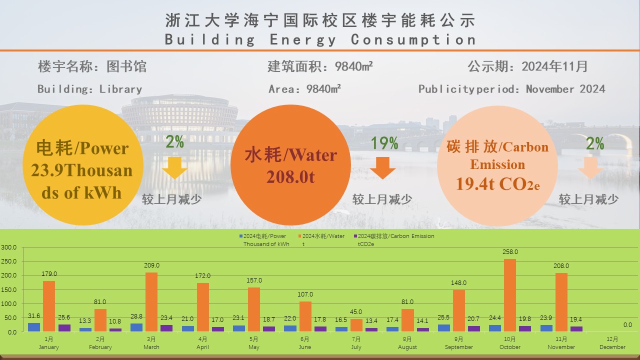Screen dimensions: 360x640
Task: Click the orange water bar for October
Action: [x=510, y=295]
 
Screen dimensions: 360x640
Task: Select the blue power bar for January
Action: [x=34, y=327]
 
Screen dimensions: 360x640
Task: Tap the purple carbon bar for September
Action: [x=474, y=328]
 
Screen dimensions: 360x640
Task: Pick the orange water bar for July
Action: [x=356, y=325]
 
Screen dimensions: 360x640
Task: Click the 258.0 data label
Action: [x=510, y=252]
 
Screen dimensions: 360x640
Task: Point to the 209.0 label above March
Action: [x=151, y=265]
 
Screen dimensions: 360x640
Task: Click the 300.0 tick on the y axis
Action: [x=8, y=247]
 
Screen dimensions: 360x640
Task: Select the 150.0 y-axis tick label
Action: [x=8, y=289]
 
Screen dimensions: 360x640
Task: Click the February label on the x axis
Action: [x=100, y=347]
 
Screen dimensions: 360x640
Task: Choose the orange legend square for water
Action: [x=299, y=236]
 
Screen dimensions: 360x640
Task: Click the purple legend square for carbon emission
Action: [x=354, y=236]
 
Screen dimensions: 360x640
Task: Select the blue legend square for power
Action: [x=240, y=236]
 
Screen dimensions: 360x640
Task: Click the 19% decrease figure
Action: [x=384, y=144]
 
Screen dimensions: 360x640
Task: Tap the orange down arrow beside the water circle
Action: [x=382, y=168]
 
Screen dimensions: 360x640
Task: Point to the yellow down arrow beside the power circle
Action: [x=174, y=168]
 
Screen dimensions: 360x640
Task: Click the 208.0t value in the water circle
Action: [x=290, y=176]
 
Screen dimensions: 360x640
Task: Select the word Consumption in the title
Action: [x=413, y=39]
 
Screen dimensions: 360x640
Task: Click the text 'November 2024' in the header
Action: [x=565, y=89]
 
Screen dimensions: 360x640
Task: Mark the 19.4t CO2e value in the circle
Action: [x=497, y=184]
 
